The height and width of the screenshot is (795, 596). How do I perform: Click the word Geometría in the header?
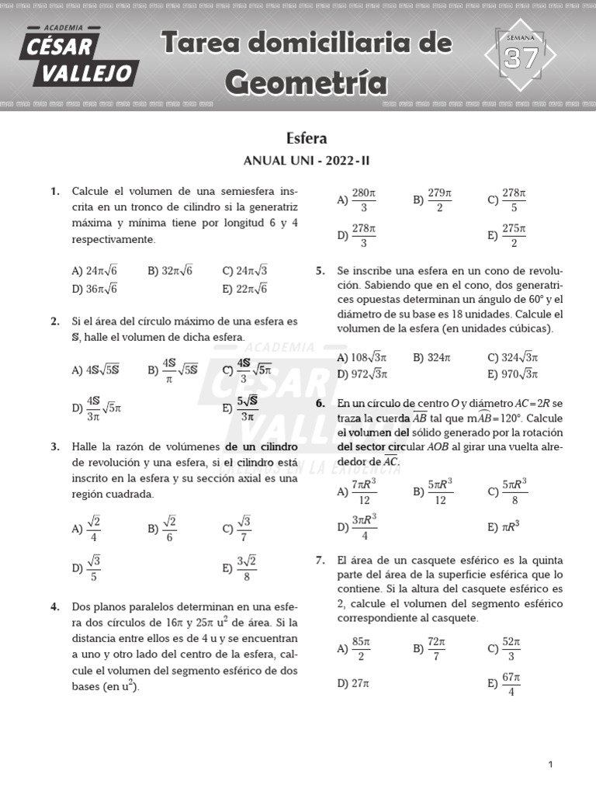pos(306,80)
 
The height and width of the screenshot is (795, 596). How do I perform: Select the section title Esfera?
pos(307,138)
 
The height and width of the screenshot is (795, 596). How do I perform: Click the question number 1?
pos(54,191)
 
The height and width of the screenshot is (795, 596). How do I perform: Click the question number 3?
pos(54,447)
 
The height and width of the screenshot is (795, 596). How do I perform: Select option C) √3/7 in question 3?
pos(237,529)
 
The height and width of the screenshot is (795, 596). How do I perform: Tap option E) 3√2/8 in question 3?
pos(240,568)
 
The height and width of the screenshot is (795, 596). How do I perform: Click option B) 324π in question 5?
pos(431,358)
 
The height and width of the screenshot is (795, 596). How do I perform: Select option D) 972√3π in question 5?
pos(362,374)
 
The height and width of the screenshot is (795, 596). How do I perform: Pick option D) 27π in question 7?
pos(353,683)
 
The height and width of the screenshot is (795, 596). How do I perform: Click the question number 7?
pos(321,561)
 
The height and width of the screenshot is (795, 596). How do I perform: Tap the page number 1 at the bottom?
pos(550,765)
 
